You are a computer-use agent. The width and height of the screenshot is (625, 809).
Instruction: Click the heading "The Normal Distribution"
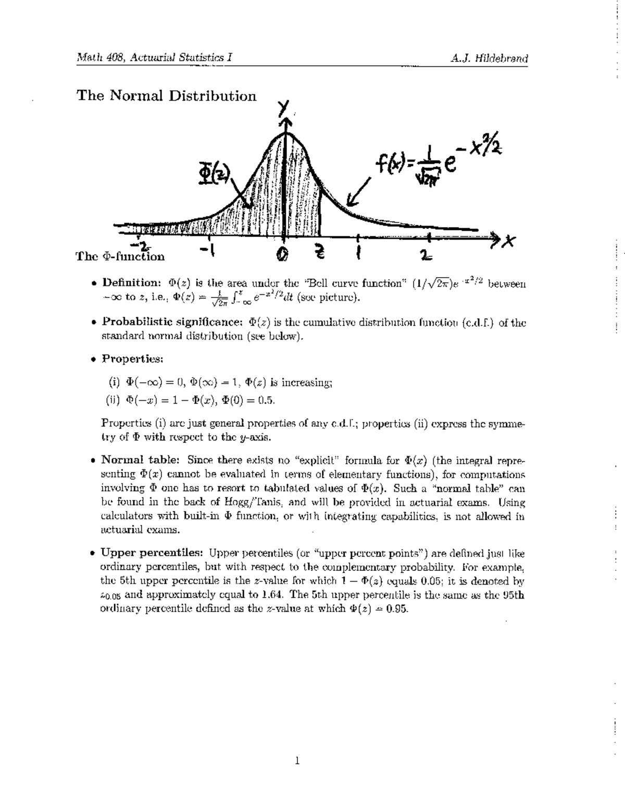click(166, 96)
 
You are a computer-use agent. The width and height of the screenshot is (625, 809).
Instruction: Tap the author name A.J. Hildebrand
click(490, 58)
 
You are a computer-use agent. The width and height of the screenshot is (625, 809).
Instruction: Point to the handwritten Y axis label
click(284, 107)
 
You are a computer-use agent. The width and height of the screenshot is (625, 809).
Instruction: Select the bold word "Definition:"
click(131, 283)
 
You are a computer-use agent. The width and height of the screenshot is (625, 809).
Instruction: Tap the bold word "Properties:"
click(133, 359)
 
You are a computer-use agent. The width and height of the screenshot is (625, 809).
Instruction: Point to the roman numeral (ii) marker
click(114, 401)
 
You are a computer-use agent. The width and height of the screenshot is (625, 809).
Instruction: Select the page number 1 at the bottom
click(297, 762)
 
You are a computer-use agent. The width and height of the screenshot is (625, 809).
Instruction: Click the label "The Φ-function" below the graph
click(120, 256)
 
